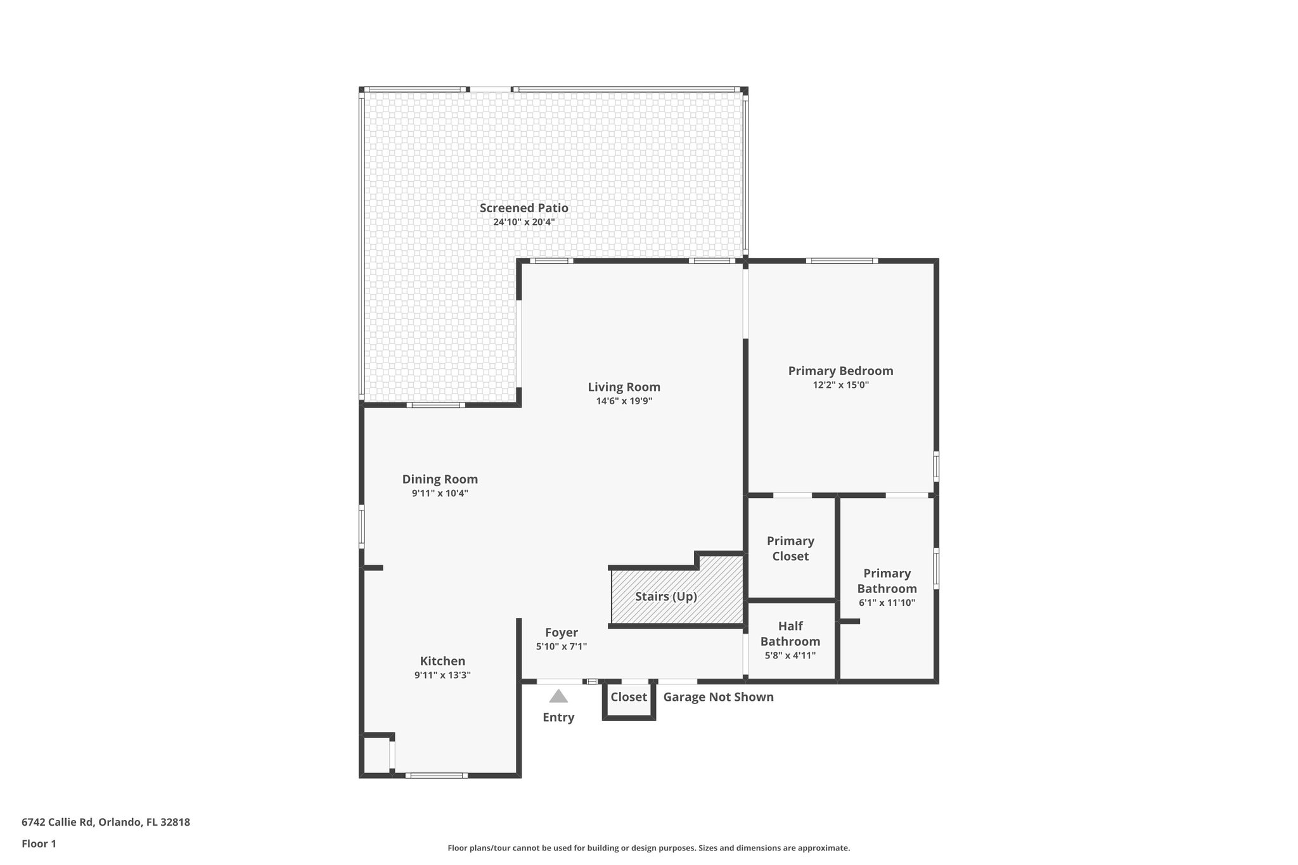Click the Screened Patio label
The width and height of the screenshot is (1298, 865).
point(524,208)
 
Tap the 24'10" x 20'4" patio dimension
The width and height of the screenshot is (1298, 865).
point(524,222)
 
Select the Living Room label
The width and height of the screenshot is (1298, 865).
point(624,387)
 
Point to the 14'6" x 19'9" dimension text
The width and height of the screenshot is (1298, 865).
point(624,401)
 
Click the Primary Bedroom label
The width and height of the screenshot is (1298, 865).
point(840,371)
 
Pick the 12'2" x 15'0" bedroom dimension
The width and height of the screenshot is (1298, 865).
point(840,385)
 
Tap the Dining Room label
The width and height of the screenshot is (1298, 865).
point(440,479)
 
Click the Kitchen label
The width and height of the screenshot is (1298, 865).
point(442,661)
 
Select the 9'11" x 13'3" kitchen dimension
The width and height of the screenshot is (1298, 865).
point(442,676)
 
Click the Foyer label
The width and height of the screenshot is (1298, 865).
point(562,632)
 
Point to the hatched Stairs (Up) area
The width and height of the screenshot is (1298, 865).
point(666,596)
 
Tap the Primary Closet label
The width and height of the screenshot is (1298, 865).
point(790,549)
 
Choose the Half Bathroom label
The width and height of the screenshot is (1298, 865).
point(790,634)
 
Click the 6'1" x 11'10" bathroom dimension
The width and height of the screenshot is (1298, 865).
point(887,603)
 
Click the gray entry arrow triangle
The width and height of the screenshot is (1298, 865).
point(558,696)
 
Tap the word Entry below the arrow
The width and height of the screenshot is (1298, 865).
point(558,717)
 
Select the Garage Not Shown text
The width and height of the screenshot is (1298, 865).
point(718,697)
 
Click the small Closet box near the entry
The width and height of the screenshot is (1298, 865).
point(629,698)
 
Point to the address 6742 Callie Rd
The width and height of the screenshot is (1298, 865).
point(106,822)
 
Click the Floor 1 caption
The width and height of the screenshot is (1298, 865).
point(39,843)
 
